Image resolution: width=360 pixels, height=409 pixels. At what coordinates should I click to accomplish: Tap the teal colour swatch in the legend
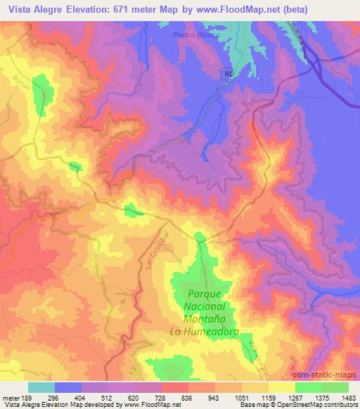(41, 387)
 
